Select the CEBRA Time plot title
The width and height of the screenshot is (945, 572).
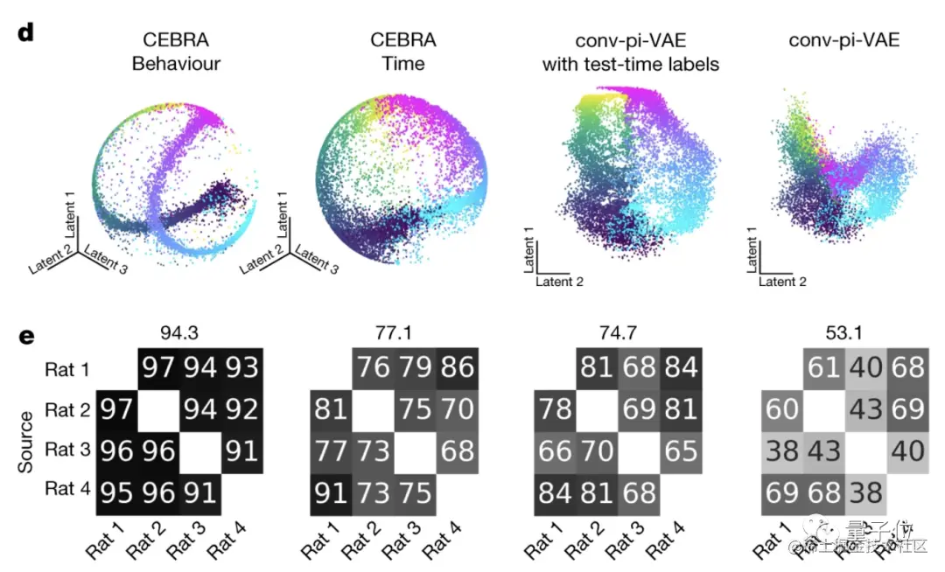tap(402, 52)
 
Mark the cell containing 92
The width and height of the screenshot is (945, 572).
tap(241, 408)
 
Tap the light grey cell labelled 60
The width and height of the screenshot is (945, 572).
tap(780, 408)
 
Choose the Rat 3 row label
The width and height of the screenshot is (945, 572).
tap(67, 450)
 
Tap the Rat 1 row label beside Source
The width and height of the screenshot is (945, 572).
tap(67, 370)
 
